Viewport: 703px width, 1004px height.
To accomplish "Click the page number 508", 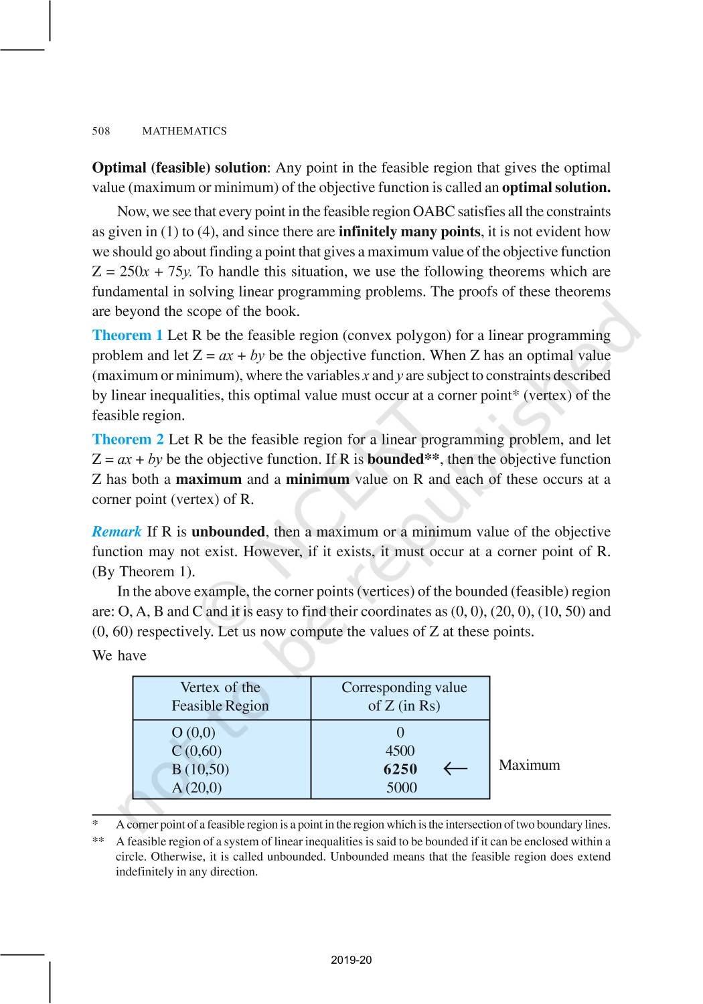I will pyautogui.click(x=100, y=131).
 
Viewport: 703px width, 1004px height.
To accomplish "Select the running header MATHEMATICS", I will pyautogui.click(x=184, y=131).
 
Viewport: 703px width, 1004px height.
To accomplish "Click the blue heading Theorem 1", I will pyautogui.click(x=127, y=335).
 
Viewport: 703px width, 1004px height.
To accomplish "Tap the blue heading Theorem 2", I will pyautogui.click(x=127, y=440).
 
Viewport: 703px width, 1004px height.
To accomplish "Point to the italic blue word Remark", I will pyautogui.click(x=116, y=532).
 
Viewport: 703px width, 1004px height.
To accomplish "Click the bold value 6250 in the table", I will pyautogui.click(x=400, y=770).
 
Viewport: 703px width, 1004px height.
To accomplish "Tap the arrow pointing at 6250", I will pyautogui.click(x=455, y=769).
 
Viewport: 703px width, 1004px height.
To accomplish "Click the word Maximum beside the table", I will pyautogui.click(x=529, y=765).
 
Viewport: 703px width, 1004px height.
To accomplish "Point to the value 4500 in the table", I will pyautogui.click(x=400, y=751).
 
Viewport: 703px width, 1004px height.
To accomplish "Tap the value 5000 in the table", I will pyautogui.click(x=401, y=788).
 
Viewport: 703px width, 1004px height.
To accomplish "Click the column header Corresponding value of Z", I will pyautogui.click(x=404, y=697).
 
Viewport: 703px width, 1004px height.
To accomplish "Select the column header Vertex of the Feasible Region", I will pyautogui.click(x=220, y=697).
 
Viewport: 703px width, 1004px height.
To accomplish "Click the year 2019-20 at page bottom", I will pyautogui.click(x=351, y=960).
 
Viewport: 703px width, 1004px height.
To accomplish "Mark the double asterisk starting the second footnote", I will pyautogui.click(x=98, y=841).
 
